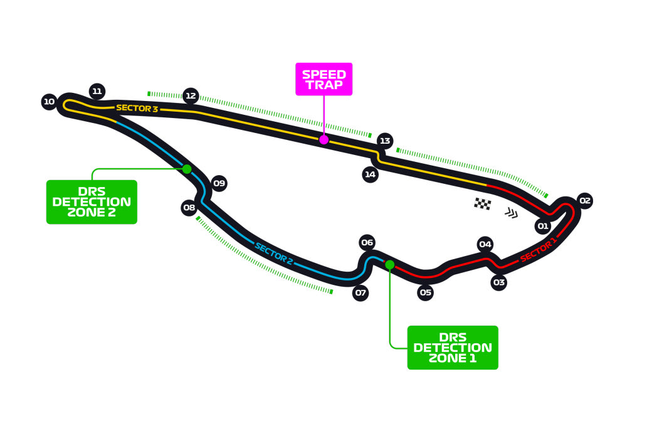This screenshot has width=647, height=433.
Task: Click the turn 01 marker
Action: tap(543, 225)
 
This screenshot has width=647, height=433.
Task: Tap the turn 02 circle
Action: tap(584, 201)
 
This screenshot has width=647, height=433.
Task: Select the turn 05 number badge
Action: tap(426, 292)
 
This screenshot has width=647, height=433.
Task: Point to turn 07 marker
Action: tap(360, 292)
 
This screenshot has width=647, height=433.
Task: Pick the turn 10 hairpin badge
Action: tap(50, 101)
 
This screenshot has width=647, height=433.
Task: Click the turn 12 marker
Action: tap(191, 96)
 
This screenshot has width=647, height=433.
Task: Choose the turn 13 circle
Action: tap(384, 141)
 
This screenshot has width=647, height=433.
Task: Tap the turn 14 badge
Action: tap(371, 174)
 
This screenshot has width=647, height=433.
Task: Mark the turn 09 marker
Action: tap(218, 183)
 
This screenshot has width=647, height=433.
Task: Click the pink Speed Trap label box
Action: tap(324, 79)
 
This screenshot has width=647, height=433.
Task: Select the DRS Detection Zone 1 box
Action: tap(452, 347)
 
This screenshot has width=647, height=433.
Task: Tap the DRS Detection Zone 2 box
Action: tap(92, 202)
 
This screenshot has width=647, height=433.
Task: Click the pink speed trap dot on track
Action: tap(323, 140)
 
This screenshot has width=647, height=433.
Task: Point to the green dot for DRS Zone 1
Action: tap(390, 264)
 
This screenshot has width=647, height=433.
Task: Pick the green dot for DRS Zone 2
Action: tap(186, 168)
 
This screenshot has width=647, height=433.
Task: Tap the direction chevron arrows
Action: tap(512, 213)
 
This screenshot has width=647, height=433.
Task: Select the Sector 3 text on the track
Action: tap(137, 108)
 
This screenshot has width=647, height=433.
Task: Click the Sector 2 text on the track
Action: tap(274, 253)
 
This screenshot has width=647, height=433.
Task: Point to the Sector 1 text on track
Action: tap(538, 250)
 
